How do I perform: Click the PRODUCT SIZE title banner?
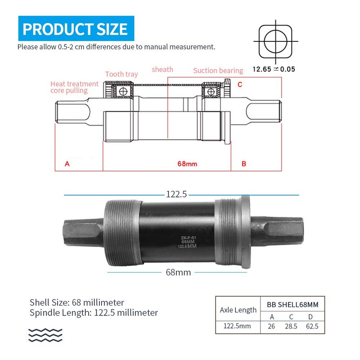76,29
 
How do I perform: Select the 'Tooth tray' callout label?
121,74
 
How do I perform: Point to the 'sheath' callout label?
162,69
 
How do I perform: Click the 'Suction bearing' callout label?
218,71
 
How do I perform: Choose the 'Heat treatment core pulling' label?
74,87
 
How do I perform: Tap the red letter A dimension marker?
67,164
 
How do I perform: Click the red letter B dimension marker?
244,164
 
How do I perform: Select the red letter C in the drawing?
240,84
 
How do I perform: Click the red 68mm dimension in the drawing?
187,164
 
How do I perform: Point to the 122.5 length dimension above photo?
176,194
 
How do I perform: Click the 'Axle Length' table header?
238,310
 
